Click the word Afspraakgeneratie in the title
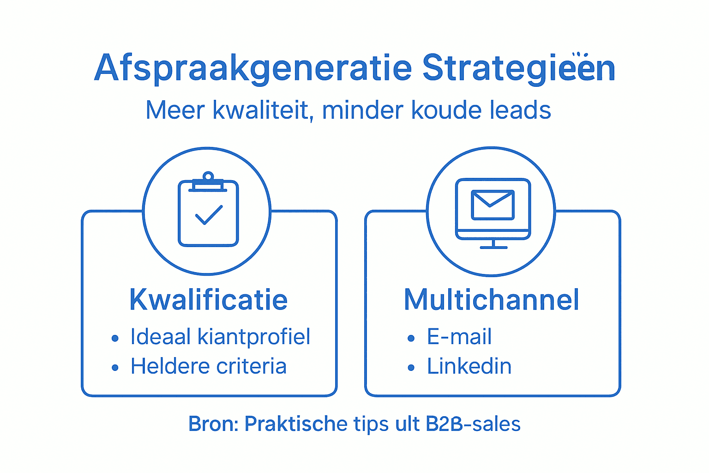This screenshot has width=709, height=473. (x=253, y=68)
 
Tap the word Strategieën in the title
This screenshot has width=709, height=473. (x=518, y=68)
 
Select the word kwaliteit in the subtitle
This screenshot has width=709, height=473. (x=261, y=110)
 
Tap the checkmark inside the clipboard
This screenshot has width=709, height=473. (x=209, y=215)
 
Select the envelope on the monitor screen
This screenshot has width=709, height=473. (x=493, y=205)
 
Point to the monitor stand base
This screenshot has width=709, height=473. (x=493, y=247)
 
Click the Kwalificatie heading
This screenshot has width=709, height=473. (x=209, y=300)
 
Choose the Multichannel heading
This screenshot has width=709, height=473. (x=492, y=300)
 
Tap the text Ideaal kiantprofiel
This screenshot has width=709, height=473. (x=220, y=337)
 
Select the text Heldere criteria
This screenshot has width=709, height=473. (x=209, y=366)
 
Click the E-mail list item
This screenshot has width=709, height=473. (x=459, y=337)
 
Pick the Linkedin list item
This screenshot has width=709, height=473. (x=469, y=366)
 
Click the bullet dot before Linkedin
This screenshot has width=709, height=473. (x=411, y=368)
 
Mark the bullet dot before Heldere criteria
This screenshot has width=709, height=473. (x=115, y=368)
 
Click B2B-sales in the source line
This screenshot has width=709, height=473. (x=473, y=424)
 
